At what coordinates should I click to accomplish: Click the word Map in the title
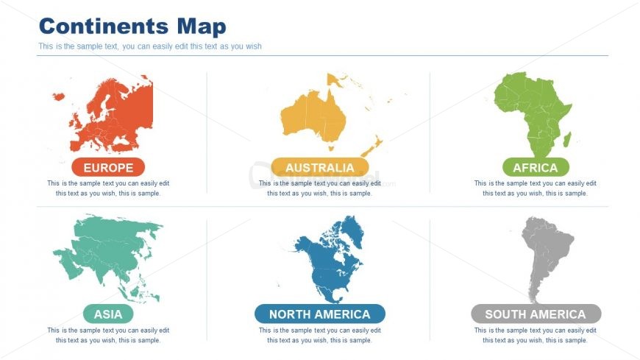click(x=201, y=27)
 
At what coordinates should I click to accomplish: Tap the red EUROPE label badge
click(x=108, y=167)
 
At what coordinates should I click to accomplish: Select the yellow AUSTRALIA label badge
click(x=319, y=167)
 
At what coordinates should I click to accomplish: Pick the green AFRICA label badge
click(x=535, y=167)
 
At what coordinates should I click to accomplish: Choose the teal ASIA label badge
click(x=108, y=314)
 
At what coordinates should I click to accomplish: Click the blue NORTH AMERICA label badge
click(x=319, y=314)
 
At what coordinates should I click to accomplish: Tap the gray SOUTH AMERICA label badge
click(x=536, y=314)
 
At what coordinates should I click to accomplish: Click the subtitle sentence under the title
click(x=150, y=46)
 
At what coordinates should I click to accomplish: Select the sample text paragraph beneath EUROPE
click(x=108, y=188)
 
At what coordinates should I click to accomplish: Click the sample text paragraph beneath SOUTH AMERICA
click(x=536, y=335)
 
